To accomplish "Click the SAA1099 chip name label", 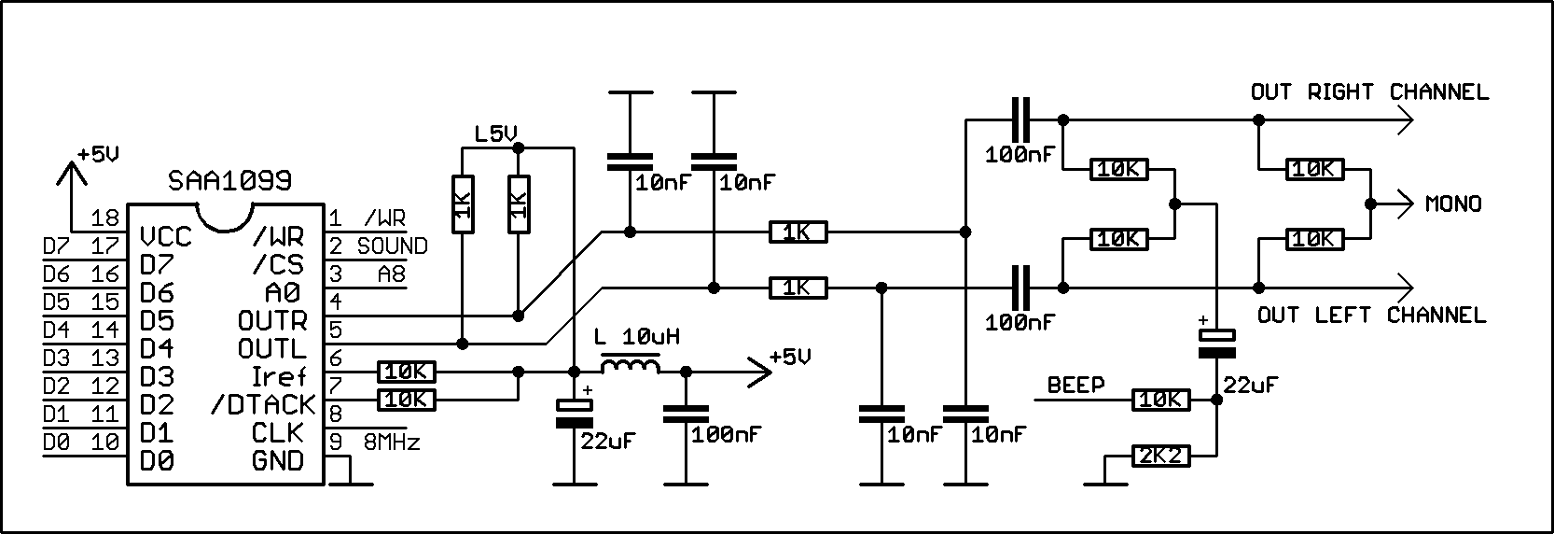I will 229,179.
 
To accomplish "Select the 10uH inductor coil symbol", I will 631,365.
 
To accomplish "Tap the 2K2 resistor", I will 1160,457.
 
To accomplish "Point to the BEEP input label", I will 1075,385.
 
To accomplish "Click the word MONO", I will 1453,204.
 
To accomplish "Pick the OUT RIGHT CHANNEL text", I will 1369,92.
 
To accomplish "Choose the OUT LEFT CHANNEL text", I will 1371,315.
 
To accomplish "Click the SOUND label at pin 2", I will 392,246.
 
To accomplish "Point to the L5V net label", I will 495,134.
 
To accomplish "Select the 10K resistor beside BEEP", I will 1160,400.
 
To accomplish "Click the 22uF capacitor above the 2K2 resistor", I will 1216,343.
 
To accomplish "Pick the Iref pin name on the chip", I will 278,376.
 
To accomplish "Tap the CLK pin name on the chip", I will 278,432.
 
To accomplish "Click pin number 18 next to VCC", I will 108,218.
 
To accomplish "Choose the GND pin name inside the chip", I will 278,460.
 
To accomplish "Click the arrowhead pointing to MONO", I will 1404,204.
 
